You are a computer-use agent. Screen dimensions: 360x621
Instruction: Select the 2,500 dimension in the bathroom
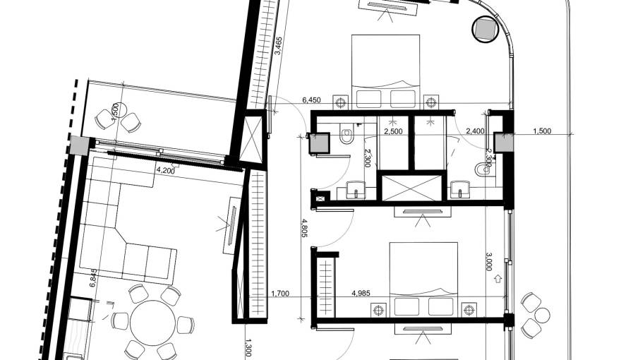tap(393, 131)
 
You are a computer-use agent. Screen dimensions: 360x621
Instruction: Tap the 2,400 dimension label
tap(475, 131)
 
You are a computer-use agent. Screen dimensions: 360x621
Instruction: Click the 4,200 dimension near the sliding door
tap(164, 170)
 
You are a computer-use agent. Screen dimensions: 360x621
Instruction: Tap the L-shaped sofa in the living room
tap(123, 226)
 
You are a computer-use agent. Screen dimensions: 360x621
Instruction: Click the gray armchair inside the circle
tap(486, 29)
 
